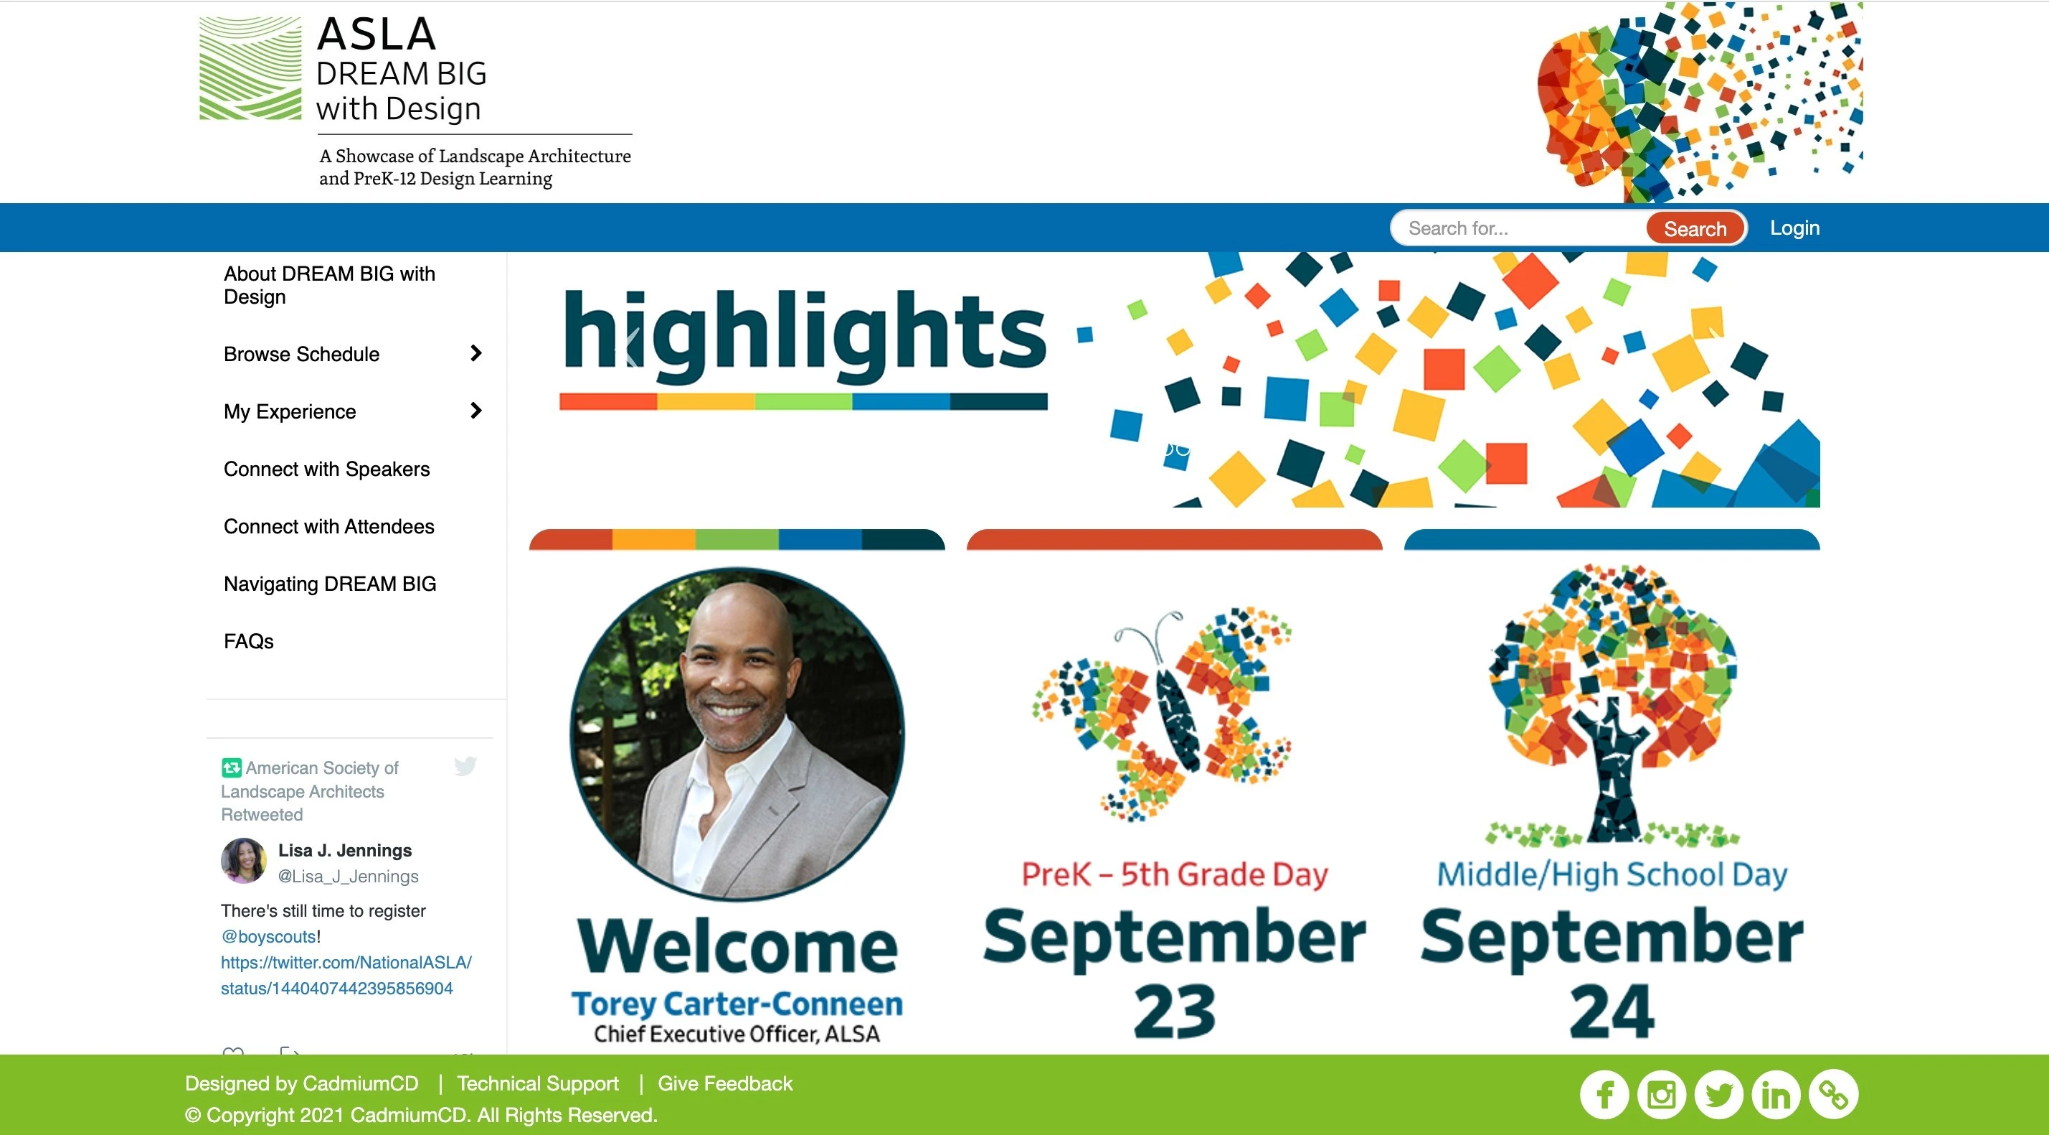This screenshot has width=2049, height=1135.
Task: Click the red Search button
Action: (x=1695, y=228)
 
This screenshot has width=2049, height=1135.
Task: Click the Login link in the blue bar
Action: (x=1794, y=228)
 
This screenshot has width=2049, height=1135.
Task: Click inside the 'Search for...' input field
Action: (x=1519, y=228)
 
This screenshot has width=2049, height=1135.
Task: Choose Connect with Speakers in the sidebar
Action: (x=326, y=469)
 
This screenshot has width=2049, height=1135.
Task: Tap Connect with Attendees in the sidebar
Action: (x=328, y=526)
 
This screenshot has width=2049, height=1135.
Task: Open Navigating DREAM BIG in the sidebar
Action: (x=329, y=584)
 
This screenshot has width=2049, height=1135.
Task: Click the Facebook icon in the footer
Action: (x=1604, y=1093)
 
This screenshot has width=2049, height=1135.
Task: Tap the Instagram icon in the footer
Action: (x=1661, y=1093)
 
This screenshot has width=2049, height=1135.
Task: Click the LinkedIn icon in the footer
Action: (x=1775, y=1093)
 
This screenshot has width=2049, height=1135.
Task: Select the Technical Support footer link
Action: (x=538, y=1083)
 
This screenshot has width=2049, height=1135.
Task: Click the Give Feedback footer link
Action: (x=724, y=1083)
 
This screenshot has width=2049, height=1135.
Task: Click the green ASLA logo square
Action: (x=250, y=67)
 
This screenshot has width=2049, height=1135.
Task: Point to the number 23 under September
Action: (x=1174, y=1011)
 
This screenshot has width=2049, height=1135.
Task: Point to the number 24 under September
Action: (x=1612, y=1011)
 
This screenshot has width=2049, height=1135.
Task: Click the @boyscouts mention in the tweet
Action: (x=268, y=936)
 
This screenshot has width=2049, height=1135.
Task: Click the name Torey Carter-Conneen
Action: (x=737, y=1004)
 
